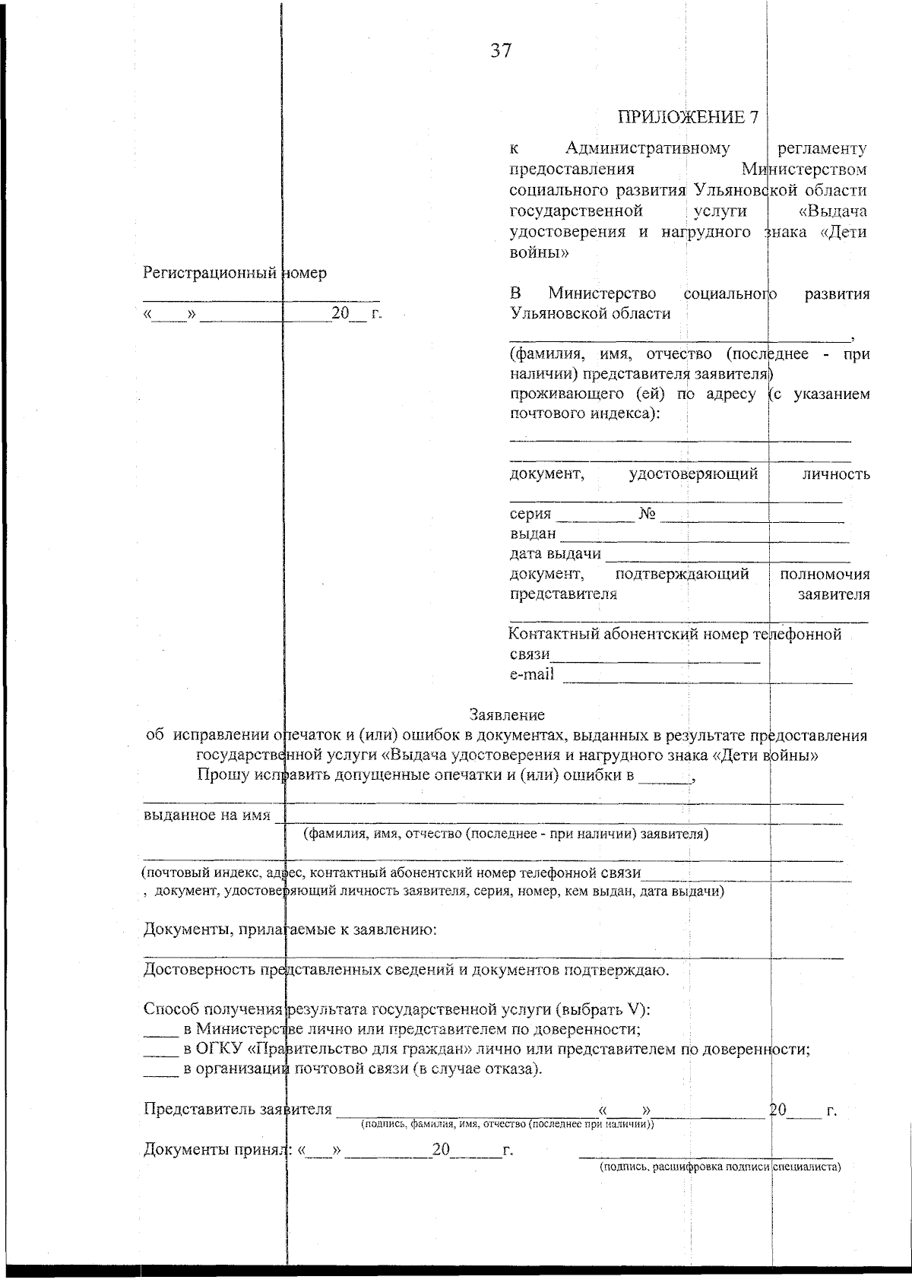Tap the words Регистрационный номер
[235, 274]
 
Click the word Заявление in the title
[507, 714]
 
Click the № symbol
[648, 514]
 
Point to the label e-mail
[531, 674]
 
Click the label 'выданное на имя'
[207, 816]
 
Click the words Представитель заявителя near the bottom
[238, 1109]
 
